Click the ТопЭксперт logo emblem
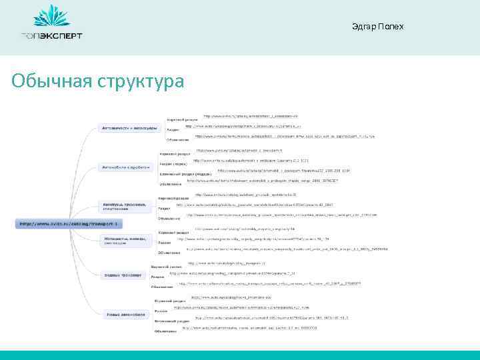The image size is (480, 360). click(51, 16)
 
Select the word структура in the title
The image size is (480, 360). click(141, 81)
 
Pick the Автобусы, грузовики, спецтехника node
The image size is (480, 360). click(127, 205)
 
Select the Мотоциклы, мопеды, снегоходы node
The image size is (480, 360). click(127, 239)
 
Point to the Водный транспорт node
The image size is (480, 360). click(123, 275)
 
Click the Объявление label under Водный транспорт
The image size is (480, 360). click(162, 287)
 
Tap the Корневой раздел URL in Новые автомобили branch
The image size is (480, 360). click(231, 297)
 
